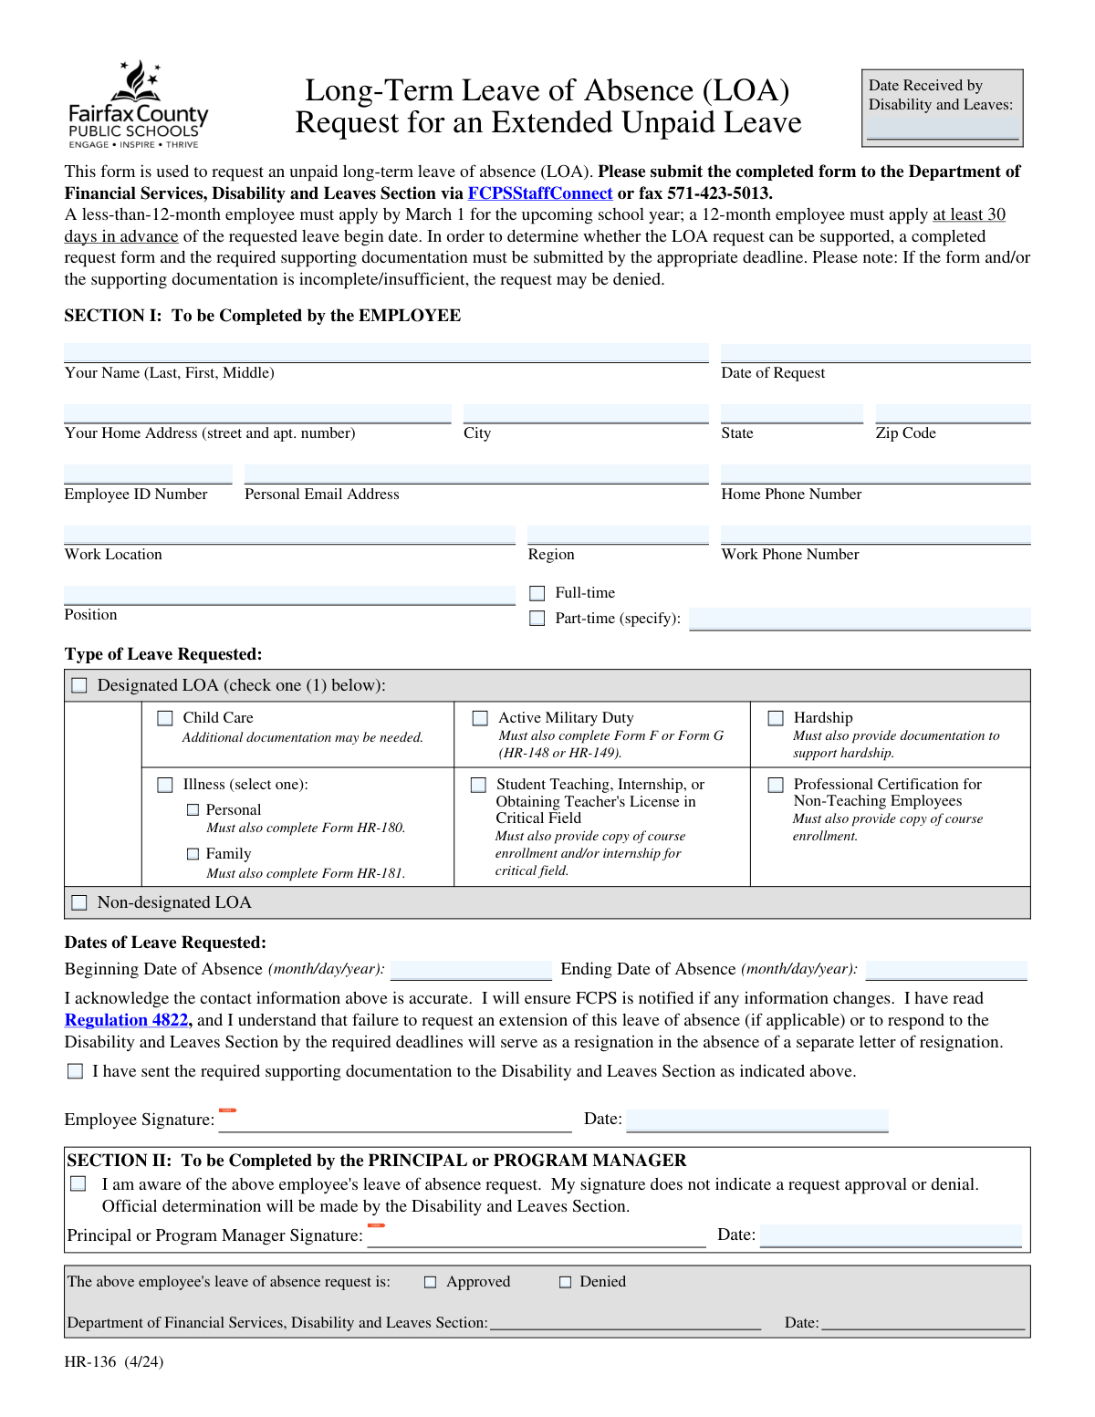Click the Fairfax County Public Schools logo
pos(139,105)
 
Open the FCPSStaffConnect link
pos(539,193)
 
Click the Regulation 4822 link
pos(126,1020)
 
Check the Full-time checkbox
pos(537,594)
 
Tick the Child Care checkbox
pos(165,719)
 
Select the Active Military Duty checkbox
pos(480,719)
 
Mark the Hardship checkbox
pos(776,719)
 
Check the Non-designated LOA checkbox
pos(79,902)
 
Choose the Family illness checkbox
pos(193,854)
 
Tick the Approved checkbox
pos(431,1282)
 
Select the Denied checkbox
pos(565,1282)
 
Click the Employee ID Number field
pos(148,474)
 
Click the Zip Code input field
pos(953,414)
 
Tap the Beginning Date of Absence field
pos(471,970)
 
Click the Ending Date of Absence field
pos(946,970)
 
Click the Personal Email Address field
pos(476,474)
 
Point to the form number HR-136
pos(90,1362)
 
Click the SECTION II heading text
pos(376,1161)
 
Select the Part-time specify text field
pos(860,619)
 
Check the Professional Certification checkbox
pos(776,785)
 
